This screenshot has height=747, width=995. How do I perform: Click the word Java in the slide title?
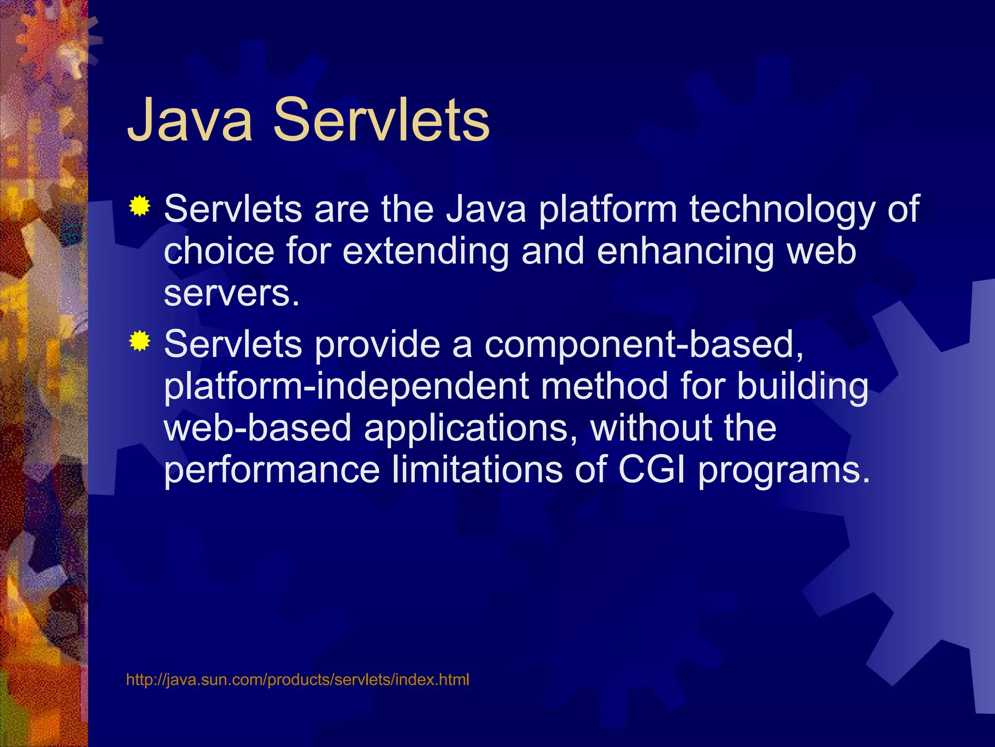click(x=189, y=120)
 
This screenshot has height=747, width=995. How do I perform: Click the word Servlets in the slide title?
click(x=381, y=120)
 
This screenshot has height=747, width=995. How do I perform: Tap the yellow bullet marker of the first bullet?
click(x=139, y=206)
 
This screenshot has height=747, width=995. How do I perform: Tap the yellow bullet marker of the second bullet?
click(x=139, y=341)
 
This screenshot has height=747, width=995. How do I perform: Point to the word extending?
click(x=426, y=251)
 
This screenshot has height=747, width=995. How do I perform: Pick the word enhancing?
click(x=685, y=251)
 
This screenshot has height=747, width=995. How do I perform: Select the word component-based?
click(x=644, y=344)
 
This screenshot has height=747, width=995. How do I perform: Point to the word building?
click(x=802, y=387)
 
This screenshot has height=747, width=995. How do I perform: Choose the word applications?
click(x=471, y=428)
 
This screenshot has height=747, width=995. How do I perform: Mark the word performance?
click(x=272, y=470)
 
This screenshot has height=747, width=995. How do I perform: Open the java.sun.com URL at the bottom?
click(x=297, y=679)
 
